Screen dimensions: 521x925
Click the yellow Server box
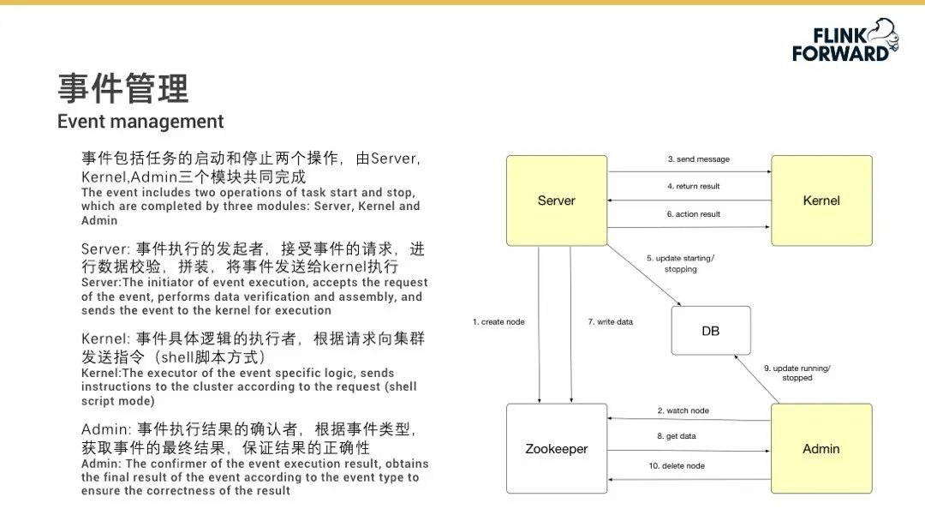coord(557,201)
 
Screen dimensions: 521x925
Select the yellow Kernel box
coord(821,201)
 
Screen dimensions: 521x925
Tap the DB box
coord(711,330)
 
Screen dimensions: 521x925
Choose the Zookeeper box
coord(557,448)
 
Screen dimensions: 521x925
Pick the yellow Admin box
coord(821,448)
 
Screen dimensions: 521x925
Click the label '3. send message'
coord(698,159)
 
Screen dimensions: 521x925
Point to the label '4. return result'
coord(694,186)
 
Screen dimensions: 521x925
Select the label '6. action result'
coord(694,214)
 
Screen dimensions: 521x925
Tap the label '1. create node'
coord(498,322)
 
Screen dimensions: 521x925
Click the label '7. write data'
coord(611,322)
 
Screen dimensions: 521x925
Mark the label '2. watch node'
coord(683,410)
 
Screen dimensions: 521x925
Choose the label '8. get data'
coord(677,436)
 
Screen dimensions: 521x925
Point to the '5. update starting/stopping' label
coord(681,263)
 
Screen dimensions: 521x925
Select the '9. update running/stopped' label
coord(797,373)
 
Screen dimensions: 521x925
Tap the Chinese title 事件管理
coord(123,88)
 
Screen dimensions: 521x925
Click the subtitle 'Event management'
coord(140,122)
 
